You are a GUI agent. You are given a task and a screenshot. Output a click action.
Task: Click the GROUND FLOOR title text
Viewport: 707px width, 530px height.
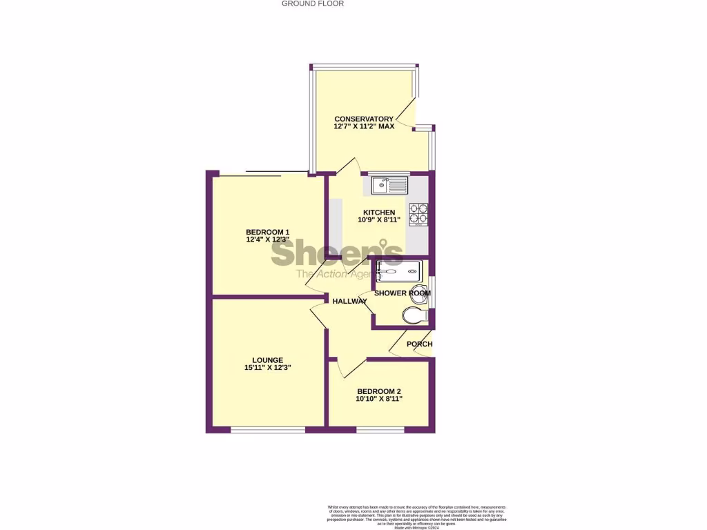tap(312, 3)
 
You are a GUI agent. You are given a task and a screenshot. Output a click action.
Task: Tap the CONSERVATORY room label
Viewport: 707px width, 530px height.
tap(364, 119)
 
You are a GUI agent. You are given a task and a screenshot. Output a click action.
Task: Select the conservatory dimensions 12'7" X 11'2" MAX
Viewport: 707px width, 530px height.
tap(364, 127)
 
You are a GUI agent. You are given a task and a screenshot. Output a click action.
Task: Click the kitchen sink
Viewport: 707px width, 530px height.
tap(389, 185)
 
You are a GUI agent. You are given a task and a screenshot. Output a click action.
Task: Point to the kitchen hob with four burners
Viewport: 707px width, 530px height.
tap(418, 214)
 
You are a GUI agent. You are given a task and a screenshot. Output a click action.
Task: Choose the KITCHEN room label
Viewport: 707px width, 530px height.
tap(379, 213)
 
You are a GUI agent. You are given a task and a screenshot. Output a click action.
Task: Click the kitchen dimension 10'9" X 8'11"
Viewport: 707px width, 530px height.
tap(379, 221)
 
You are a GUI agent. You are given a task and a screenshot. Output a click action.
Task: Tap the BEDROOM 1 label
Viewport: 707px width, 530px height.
tap(267, 232)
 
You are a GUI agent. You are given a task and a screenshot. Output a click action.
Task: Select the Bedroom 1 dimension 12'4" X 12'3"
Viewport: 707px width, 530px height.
tap(267, 240)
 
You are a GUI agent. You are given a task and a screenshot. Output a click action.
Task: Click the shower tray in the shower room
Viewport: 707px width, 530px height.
tap(398, 271)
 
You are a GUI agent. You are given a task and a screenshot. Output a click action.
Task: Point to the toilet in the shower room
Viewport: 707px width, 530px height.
tap(415, 316)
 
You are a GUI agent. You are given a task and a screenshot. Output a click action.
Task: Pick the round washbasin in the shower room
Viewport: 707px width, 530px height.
tap(418, 291)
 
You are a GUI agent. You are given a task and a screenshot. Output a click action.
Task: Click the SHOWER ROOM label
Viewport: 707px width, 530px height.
tap(402, 293)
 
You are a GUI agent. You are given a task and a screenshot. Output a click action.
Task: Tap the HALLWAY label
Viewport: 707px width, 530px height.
tap(349, 302)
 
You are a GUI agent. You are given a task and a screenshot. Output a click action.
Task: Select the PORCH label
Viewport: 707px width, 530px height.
tap(419, 344)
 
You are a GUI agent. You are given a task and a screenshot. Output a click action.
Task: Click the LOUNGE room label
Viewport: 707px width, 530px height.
tap(267, 360)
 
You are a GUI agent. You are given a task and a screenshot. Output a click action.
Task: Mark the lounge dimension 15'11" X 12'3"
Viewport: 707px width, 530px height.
tap(267, 369)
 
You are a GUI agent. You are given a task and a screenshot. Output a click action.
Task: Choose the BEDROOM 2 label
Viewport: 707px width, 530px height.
tap(379, 391)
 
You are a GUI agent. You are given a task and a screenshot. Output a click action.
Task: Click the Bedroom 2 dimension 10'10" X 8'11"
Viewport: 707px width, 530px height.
tap(379, 399)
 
